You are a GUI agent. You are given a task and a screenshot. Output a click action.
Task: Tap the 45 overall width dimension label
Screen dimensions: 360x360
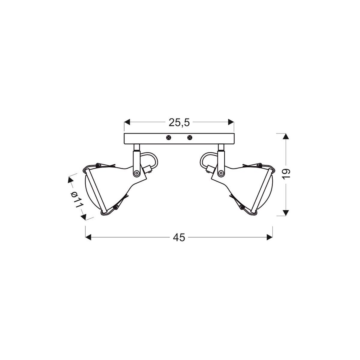click(179, 238)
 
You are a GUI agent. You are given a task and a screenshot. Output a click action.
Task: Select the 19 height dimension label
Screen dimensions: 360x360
click(286, 174)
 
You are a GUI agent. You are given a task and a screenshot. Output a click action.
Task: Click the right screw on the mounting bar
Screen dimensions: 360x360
click(189, 138)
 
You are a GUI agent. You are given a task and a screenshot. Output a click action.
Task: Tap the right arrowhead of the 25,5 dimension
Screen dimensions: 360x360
click(231, 122)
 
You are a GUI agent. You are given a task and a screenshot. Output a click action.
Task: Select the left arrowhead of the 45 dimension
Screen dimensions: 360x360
click(88, 237)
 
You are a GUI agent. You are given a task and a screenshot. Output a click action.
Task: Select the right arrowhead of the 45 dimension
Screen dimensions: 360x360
click(270, 237)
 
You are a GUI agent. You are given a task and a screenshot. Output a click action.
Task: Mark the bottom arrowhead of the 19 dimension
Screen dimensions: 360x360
click(286, 213)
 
